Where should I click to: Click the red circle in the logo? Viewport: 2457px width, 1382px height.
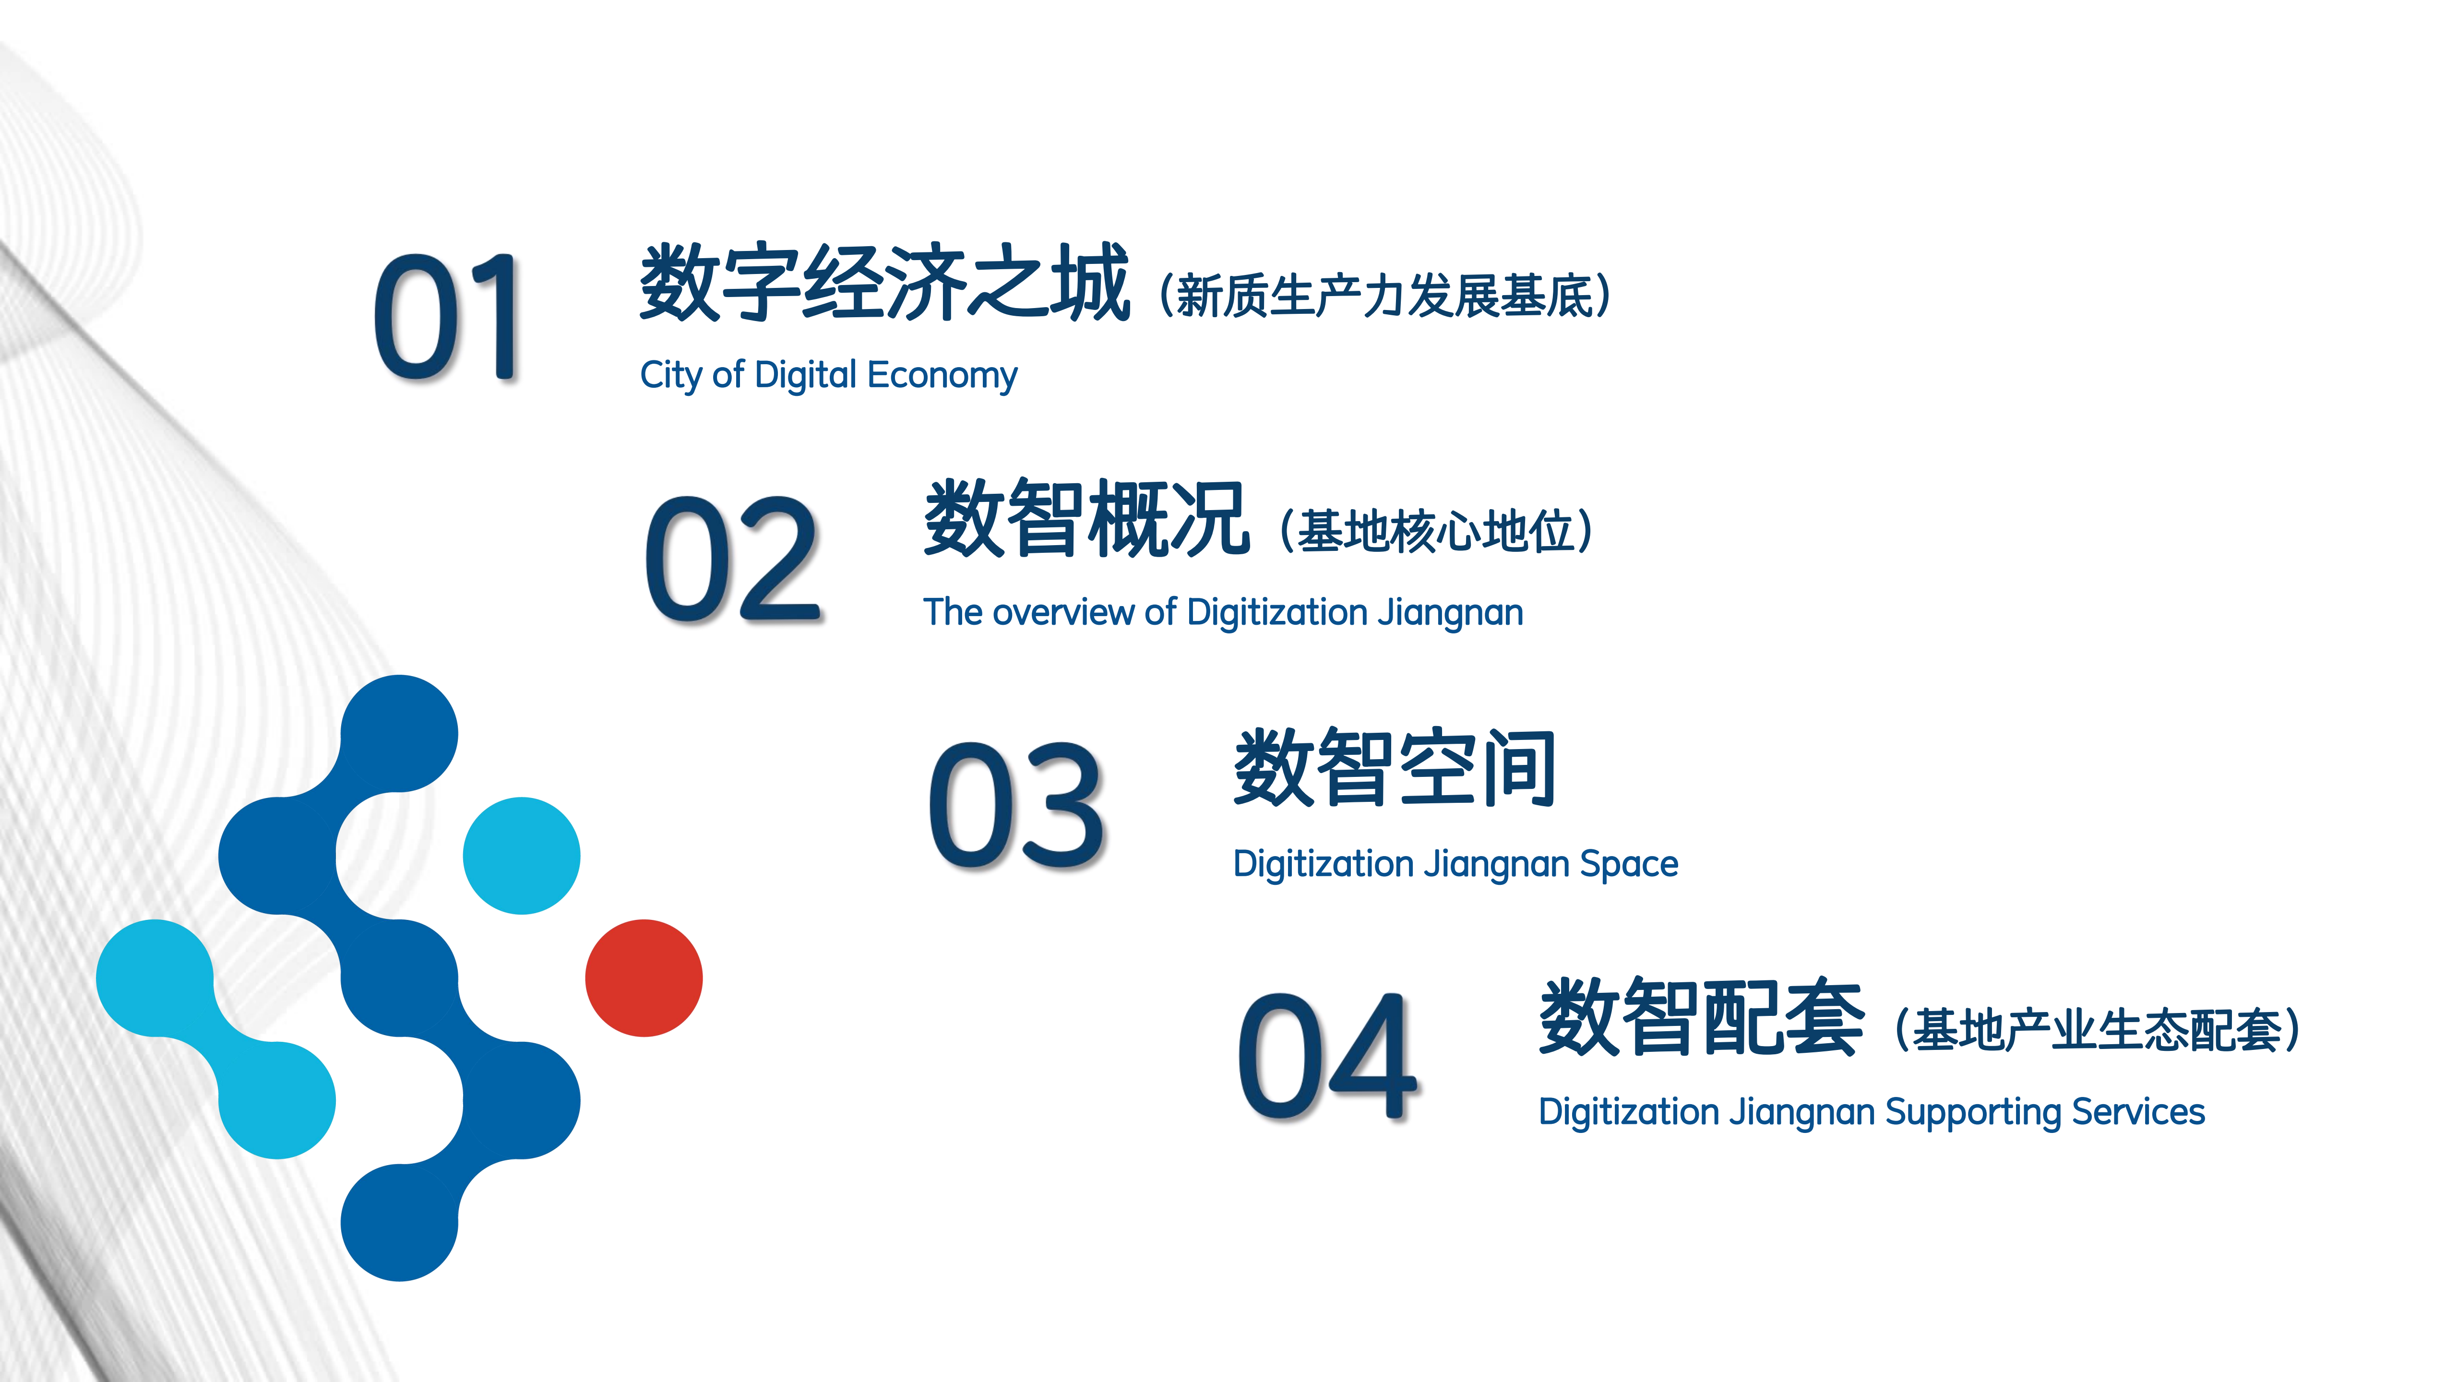tap(644, 977)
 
